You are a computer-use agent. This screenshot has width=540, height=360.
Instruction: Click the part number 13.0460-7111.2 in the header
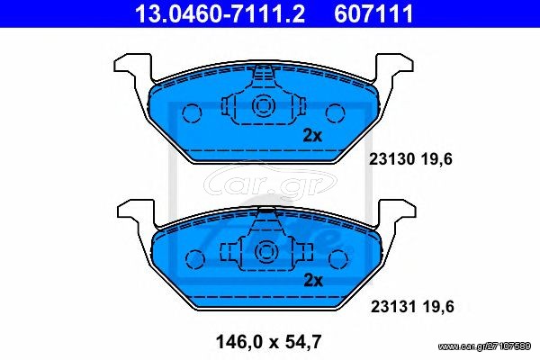click(x=220, y=13)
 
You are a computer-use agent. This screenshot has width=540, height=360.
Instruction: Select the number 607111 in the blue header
click(x=373, y=13)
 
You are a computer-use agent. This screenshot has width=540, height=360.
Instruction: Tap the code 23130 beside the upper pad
click(x=391, y=159)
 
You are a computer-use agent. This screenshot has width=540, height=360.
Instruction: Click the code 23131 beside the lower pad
click(x=393, y=307)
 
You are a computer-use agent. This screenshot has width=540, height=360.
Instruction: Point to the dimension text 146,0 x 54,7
click(x=268, y=342)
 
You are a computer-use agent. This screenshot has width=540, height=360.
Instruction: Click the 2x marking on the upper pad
click(x=312, y=136)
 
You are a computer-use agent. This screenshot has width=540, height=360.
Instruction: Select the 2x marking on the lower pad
click(x=313, y=281)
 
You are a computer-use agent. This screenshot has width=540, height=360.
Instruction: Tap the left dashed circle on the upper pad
click(x=192, y=113)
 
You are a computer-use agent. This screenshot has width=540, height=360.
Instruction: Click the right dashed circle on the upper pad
click(x=335, y=113)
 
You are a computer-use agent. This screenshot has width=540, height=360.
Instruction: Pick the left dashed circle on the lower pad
click(x=195, y=259)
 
